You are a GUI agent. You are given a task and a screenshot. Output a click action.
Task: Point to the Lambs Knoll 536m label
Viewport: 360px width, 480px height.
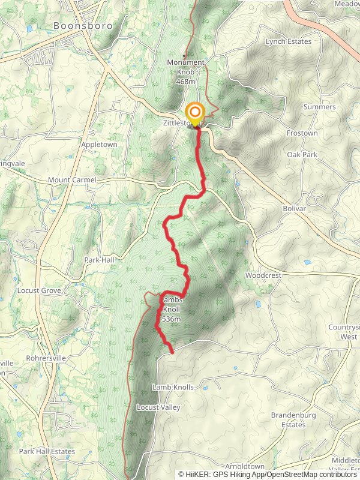pos(170,309)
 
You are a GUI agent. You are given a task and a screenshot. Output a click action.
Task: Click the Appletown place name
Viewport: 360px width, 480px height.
pos(99,145)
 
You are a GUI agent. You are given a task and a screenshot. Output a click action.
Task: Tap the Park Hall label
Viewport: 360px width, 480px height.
pos(99,260)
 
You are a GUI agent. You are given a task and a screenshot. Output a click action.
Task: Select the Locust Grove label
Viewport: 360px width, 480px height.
pos(39,290)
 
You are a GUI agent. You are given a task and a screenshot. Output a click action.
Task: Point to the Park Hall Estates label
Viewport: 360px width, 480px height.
pos(47,451)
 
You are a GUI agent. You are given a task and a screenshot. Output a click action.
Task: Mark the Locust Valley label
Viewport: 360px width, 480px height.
pos(158,407)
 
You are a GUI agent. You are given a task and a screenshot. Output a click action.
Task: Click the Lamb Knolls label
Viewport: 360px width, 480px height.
pos(173,388)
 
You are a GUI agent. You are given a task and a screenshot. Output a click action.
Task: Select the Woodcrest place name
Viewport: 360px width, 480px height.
pos(263,275)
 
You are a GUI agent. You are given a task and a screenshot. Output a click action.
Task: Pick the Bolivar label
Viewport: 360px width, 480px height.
pos(294,208)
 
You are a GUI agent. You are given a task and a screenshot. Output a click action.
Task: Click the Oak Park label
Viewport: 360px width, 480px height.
pos(302,155)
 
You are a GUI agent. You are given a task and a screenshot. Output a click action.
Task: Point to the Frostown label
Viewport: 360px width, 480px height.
pos(302,133)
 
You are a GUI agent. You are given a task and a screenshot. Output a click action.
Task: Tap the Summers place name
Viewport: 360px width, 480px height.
pos(319,107)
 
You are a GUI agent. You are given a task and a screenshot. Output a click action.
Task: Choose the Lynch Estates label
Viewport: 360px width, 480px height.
pos(289,42)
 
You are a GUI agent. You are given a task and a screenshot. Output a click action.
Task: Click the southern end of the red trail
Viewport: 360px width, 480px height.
pos(172,352)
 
